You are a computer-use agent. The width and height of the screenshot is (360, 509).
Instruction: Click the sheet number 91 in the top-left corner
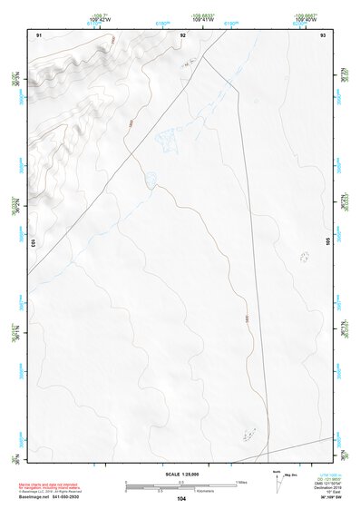tap(39, 34)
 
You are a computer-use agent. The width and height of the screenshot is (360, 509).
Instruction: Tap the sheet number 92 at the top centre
tap(182, 34)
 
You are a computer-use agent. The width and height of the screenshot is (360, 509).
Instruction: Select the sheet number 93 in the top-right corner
tap(323, 34)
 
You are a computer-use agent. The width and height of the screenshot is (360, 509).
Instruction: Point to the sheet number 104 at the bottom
tap(182, 498)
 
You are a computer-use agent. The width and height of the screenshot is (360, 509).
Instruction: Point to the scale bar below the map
tap(181, 485)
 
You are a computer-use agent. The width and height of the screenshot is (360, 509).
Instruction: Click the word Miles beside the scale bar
tap(242, 481)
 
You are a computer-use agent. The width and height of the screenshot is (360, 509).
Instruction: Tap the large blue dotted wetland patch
tap(169, 138)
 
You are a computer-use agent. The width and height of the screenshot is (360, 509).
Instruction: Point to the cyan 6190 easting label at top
tap(231, 24)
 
